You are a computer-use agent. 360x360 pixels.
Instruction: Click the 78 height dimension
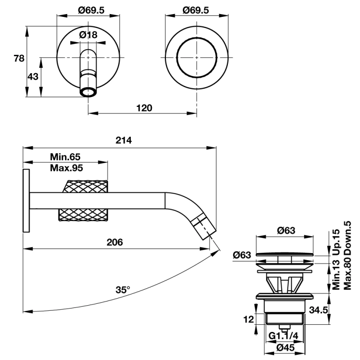coord(19,59)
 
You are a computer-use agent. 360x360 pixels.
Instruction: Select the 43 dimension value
coord(33,76)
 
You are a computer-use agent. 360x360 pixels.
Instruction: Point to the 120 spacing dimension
coord(144,108)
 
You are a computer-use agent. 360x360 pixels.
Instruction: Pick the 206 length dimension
coord(114,242)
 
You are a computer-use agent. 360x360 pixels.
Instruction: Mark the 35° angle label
coord(122,290)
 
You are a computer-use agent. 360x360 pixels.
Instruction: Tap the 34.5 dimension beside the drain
coord(319,310)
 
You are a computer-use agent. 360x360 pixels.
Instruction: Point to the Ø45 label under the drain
coord(285,348)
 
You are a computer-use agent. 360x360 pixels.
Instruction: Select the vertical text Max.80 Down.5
coord(347,255)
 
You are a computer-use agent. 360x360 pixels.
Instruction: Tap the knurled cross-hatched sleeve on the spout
coord(83,200)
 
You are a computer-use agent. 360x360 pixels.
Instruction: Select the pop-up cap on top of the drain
coord(285,253)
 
